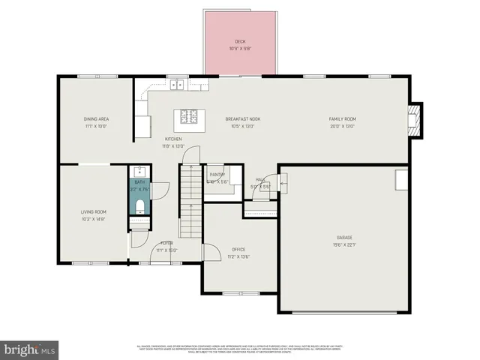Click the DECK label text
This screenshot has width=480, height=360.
pyautogui.click(x=240, y=41)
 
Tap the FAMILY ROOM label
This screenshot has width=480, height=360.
pyautogui.click(x=342, y=118)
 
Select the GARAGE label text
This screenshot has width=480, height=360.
pyautogui.click(x=343, y=238)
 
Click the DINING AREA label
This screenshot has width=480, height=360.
pyautogui.click(x=95, y=118)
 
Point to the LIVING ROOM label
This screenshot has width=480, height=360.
pyautogui.click(x=94, y=212)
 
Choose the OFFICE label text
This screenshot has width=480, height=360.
pyautogui.click(x=238, y=249)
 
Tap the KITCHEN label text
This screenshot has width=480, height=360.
pyautogui.click(x=173, y=139)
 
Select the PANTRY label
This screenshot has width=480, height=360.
pyautogui.click(x=217, y=174)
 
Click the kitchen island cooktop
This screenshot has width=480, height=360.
pyautogui.click(x=190, y=117)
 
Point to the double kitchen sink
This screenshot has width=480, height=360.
pyautogui.click(x=178, y=85)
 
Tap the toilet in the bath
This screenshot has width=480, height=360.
pyautogui.click(x=139, y=205)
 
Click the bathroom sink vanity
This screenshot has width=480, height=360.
pyautogui.click(x=139, y=172)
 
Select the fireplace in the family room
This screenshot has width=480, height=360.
pyautogui.click(x=412, y=118)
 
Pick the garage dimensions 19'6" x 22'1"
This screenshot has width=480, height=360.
pyautogui.click(x=343, y=245)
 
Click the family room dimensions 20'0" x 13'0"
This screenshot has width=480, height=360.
pyautogui.click(x=342, y=126)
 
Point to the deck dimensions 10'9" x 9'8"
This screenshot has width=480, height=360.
pyautogui.click(x=240, y=49)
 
